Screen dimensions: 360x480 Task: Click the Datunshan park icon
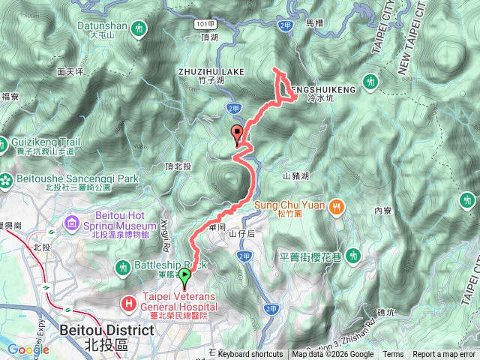[x=139, y=28]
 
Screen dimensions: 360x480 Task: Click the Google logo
[x=28, y=349]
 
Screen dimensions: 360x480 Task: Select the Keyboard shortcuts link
[x=250, y=355]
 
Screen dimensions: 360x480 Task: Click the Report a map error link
[x=445, y=355]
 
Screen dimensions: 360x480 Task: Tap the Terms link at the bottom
[x=393, y=355]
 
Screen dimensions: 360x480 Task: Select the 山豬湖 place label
[x=296, y=176]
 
